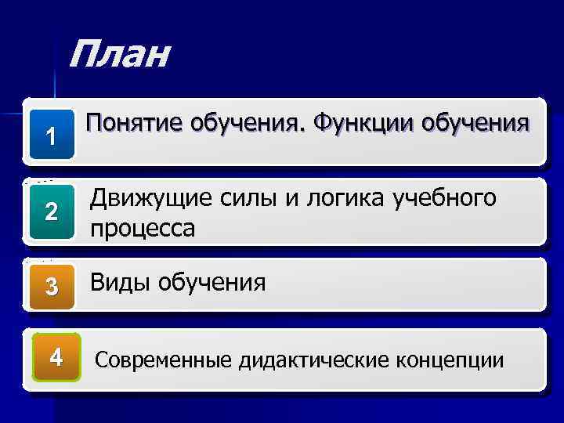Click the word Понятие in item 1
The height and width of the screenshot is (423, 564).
point(134,125)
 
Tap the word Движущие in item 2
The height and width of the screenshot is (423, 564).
point(150,200)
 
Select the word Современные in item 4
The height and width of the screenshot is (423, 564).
point(164,360)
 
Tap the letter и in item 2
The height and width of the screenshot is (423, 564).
point(291,201)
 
